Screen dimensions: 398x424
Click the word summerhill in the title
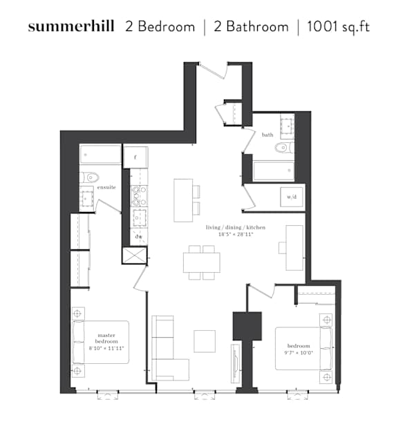point(71,26)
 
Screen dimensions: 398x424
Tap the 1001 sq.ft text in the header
point(338,26)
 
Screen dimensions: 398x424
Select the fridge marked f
point(135,157)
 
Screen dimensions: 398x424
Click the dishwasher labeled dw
point(139,237)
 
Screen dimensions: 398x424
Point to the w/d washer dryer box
point(292,197)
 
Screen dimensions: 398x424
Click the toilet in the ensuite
point(89,177)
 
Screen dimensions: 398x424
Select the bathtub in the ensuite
point(100,155)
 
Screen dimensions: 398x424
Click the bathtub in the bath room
point(274,171)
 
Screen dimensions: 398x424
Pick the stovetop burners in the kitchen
point(139,196)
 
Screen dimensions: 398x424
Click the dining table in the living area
point(202,262)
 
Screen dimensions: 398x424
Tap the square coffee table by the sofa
point(205,341)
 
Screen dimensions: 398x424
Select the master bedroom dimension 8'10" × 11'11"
point(106,348)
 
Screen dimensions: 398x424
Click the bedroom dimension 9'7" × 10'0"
point(298,353)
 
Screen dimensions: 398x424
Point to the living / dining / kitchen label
point(236,227)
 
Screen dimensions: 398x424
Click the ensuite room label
point(106,187)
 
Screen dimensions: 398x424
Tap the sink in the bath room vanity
point(287,126)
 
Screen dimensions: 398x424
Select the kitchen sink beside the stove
point(139,218)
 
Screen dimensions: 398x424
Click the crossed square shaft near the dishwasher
point(135,256)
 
